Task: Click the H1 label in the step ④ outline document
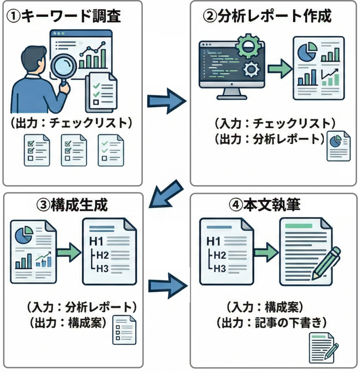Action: [x=214, y=241]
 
